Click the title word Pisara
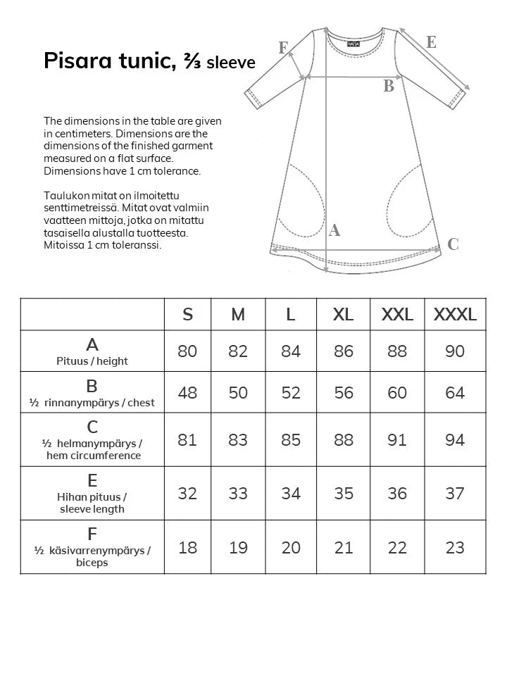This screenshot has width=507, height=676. tap(73, 61)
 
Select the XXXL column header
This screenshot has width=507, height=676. tap(455, 314)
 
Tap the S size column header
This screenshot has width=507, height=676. tap(187, 314)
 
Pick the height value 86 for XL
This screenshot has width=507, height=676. tap(344, 351)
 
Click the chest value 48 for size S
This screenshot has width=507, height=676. tap(187, 392)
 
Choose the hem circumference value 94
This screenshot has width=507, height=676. tap(455, 440)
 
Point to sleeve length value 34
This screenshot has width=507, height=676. tap(291, 494)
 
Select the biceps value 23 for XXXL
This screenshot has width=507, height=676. tap(455, 547)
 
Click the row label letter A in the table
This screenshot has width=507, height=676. tap(92, 345)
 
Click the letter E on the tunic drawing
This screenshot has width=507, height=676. tap(431, 42)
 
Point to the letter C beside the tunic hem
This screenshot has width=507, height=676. tap(453, 244)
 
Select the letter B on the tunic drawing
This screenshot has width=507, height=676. tap(388, 87)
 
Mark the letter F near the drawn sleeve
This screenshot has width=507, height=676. tap(283, 48)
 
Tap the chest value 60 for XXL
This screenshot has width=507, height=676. tap(397, 392)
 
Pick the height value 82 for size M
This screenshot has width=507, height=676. tap(238, 351)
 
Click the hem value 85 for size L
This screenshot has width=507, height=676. tap(291, 440)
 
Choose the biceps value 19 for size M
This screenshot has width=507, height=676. tap(238, 547)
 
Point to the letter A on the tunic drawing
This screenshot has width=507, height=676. tap(335, 230)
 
